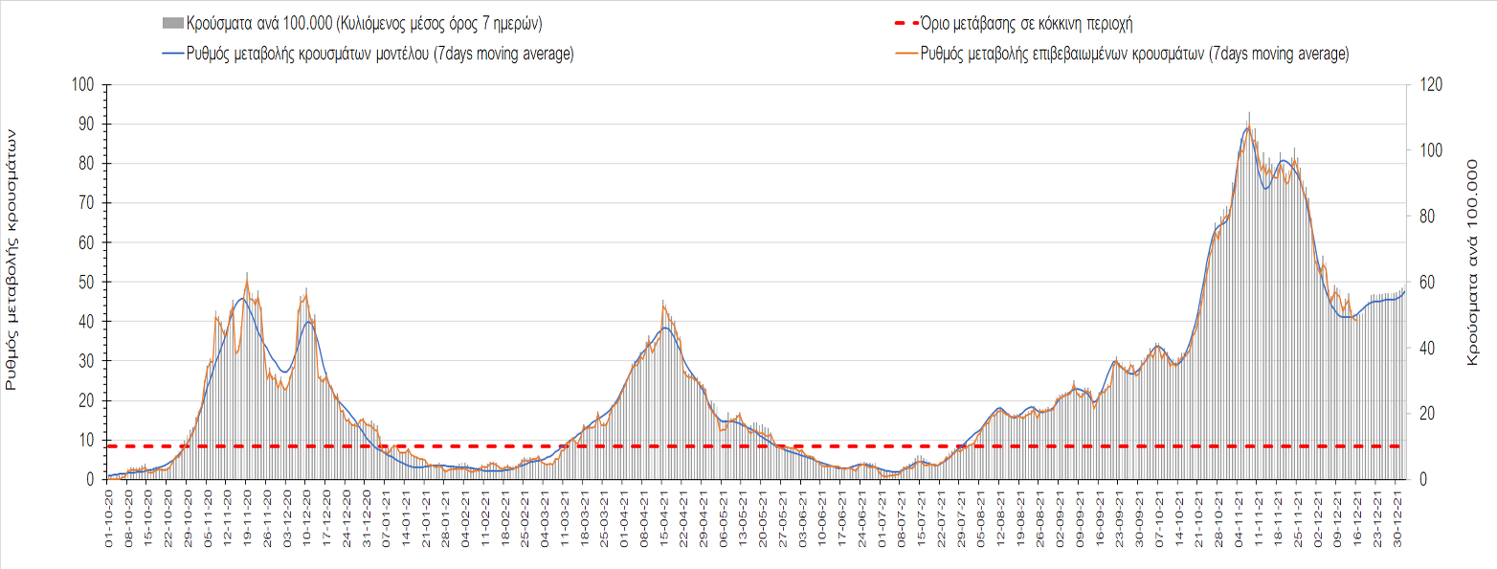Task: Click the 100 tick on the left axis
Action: pos(83,85)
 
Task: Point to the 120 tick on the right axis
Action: pos(1426,85)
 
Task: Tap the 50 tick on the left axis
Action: pos(86,283)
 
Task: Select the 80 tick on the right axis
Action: pos(1422,216)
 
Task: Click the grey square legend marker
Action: pos(172,22)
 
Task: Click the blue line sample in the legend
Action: pos(172,54)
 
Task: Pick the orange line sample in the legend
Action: pos(903,54)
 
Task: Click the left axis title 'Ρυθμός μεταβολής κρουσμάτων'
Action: pos(12,261)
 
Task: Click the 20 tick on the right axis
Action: pos(1422,414)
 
